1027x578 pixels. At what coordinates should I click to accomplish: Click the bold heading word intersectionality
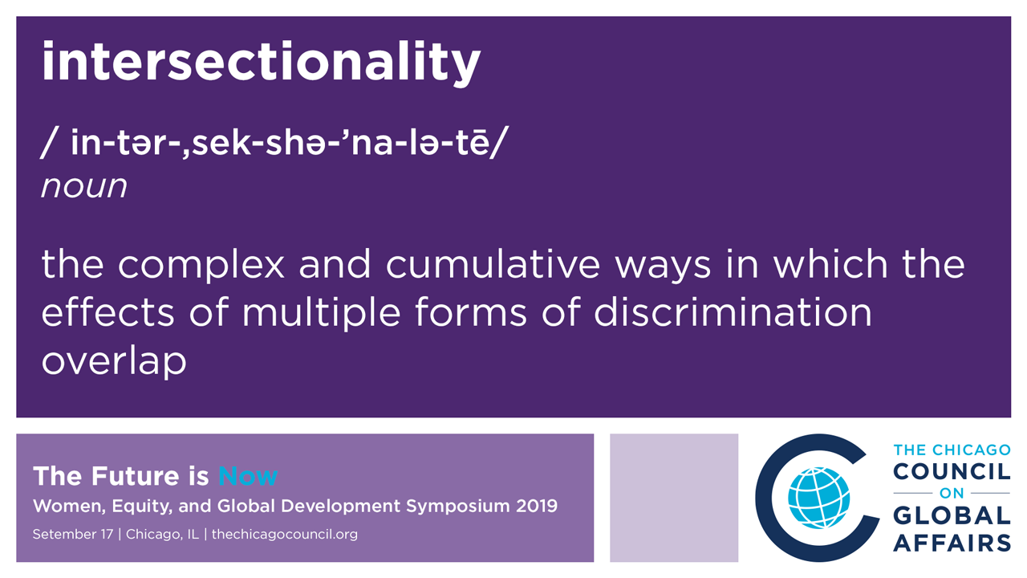(262, 63)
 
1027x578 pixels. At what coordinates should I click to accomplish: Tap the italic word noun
(84, 186)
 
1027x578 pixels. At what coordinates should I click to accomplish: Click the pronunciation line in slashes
(274, 142)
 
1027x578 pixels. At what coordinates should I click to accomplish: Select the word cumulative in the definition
(493, 264)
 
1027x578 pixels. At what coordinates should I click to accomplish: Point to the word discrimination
(733, 312)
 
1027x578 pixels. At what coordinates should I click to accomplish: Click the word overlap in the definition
(114, 362)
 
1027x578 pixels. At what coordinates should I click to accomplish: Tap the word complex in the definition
(201, 266)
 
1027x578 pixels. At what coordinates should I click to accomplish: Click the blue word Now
(248, 476)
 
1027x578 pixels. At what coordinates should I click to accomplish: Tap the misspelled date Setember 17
(73, 535)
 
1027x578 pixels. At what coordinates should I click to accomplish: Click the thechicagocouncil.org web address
(285, 535)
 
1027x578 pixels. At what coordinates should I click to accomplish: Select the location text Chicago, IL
(162, 535)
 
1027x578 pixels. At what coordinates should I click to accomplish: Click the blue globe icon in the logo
(819, 498)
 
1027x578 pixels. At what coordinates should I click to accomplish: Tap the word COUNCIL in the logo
(952, 471)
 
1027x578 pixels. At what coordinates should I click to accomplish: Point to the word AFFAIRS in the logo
(952, 543)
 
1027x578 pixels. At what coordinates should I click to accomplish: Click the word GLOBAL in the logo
(952, 515)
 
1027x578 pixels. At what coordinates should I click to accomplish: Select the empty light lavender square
(674, 498)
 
